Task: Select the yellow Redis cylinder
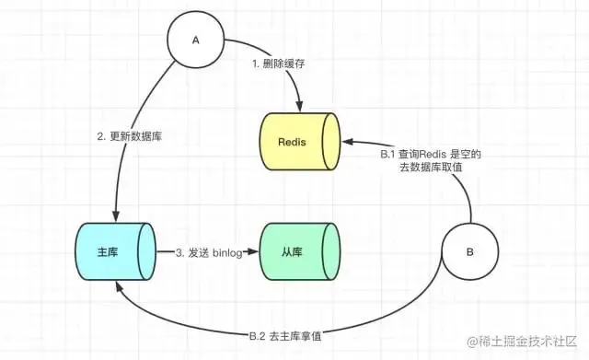pos(297,143)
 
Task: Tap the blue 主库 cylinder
pos(112,250)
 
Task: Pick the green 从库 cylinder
pos(297,250)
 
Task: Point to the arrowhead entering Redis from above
pos(298,107)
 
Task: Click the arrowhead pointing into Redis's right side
pos(346,143)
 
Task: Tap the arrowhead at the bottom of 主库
pos(115,286)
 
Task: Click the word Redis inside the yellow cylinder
pos(294,143)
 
